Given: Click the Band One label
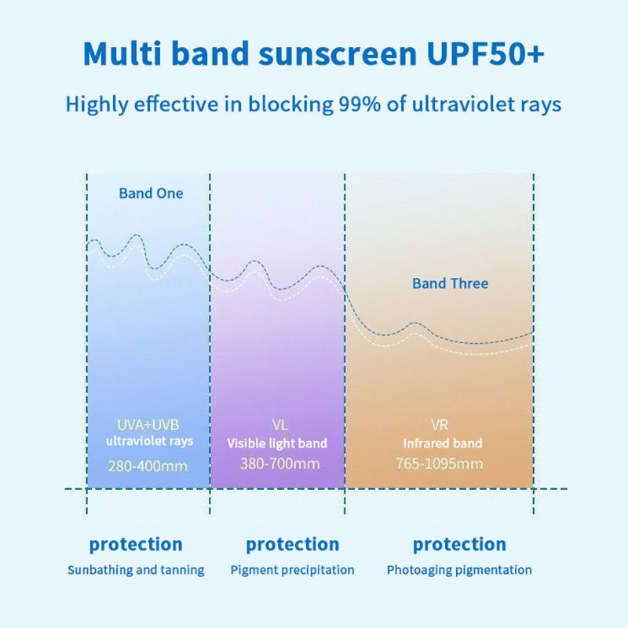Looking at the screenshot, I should (151, 193).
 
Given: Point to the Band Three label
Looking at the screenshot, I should (450, 283).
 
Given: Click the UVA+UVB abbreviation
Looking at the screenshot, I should (149, 425).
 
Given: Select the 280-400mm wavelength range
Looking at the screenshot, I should (149, 465).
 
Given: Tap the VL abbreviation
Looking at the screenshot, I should (279, 425).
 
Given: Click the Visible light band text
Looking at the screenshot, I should (277, 444).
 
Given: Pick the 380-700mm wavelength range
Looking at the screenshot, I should (279, 463).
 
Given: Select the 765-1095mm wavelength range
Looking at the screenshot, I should (439, 463).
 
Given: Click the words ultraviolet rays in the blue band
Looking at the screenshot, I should (149, 441).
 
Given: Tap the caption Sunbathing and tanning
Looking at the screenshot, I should (136, 570).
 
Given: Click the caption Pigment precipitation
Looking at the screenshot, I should (292, 570).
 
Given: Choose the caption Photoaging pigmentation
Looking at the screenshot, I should (459, 570).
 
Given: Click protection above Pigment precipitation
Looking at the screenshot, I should (292, 544).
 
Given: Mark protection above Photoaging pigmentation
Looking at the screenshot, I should (459, 544).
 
